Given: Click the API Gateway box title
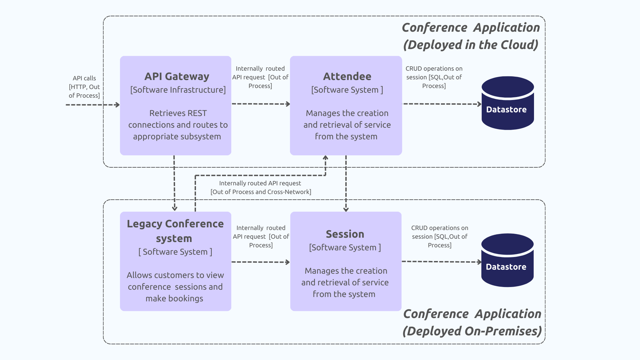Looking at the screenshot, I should click(x=177, y=76).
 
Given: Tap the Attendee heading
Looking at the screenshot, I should click(x=347, y=76).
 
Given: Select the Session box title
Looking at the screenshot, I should click(x=345, y=234).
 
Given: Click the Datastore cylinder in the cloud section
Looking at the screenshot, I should click(x=507, y=103).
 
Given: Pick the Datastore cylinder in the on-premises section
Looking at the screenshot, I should click(x=507, y=260).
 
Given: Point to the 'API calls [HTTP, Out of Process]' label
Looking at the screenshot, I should click(x=84, y=87).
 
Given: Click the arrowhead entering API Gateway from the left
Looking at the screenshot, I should click(x=117, y=105).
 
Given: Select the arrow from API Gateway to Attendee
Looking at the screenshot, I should click(x=260, y=104).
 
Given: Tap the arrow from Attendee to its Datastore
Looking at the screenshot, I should click(x=442, y=104).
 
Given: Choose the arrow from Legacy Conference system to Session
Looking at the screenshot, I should click(x=260, y=262).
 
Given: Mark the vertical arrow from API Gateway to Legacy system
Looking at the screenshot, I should click(x=174, y=183).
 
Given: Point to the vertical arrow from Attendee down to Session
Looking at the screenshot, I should click(x=346, y=183).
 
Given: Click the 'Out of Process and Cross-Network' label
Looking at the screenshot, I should click(x=261, y=192).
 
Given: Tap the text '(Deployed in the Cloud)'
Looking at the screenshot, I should click(x=471, y=45).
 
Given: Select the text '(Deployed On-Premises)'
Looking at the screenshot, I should click(x=472, y=331).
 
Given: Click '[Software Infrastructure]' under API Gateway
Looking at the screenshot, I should click(x=178, y=90).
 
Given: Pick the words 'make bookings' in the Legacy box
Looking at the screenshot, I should click(x=174, y=298).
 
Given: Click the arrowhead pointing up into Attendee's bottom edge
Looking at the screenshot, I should click(x=325, y=158).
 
